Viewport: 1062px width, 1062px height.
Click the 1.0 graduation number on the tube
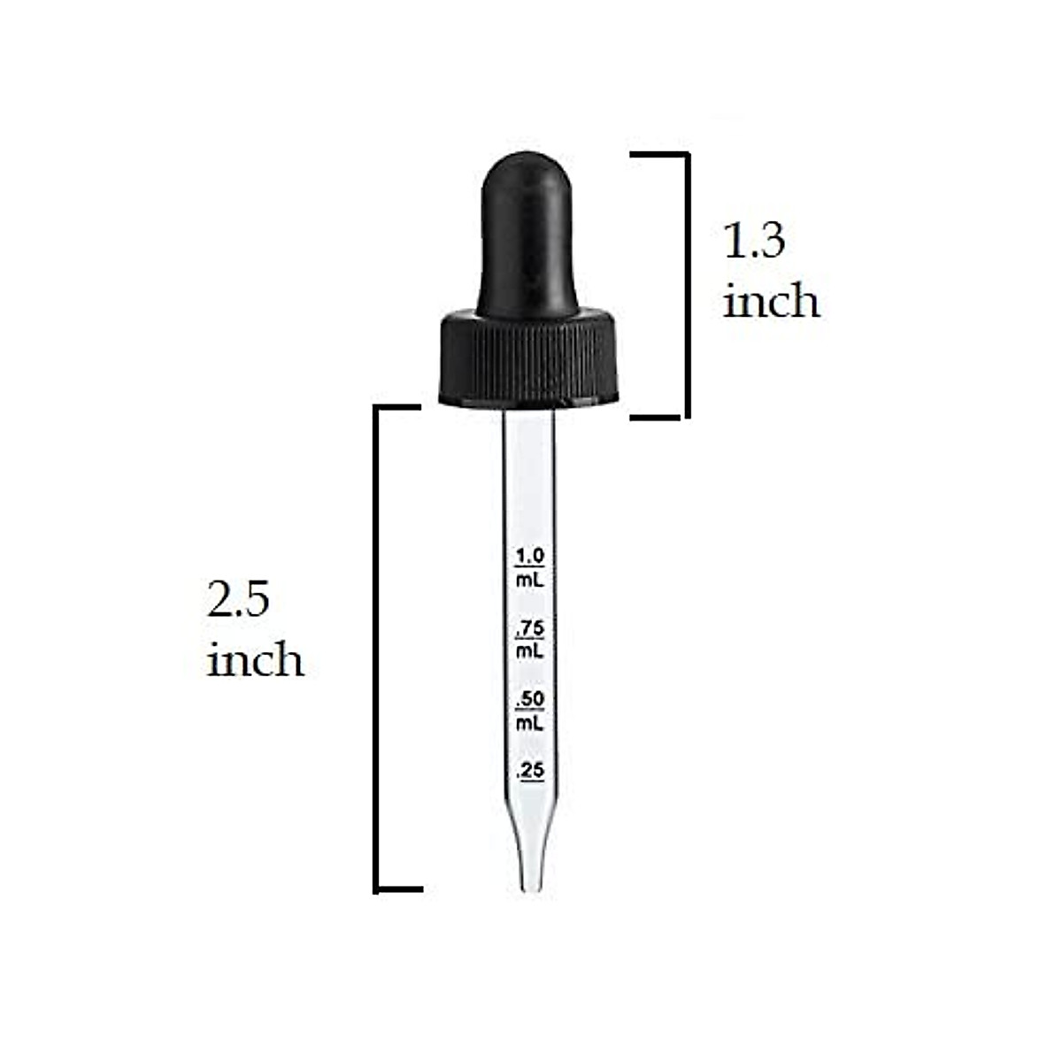(530, 556)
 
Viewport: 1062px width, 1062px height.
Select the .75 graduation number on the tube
(530, 627)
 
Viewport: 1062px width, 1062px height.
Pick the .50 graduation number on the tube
(530, 699)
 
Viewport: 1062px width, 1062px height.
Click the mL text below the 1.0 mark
(530, 580)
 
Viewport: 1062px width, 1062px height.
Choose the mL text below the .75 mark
(530, 651)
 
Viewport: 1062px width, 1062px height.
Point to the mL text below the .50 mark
(530, 723)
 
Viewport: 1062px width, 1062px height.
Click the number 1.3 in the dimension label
(754, 241)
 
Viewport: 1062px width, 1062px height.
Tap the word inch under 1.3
(771, 301)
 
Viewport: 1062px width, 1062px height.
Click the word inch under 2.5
(255, 660)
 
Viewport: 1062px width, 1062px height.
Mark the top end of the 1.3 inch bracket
(659, 154)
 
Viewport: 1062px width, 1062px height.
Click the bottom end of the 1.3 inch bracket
(659, 415)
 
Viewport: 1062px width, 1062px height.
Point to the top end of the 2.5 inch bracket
(397, 407)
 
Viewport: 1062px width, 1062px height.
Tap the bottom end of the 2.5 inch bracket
(399, 888)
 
